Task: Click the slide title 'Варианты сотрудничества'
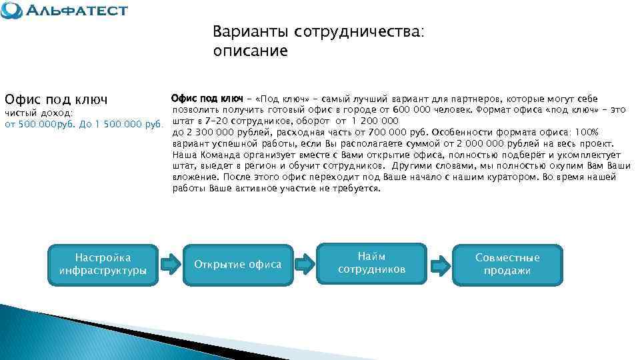318,32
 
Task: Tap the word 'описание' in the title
250,51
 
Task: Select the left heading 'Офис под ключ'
56,99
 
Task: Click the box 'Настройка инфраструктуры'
103,264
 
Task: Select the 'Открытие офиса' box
237,265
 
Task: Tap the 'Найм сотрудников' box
371,263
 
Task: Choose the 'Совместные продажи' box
507,264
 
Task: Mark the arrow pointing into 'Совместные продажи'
439,263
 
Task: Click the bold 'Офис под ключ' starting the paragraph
207,99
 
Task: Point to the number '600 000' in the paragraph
413,110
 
